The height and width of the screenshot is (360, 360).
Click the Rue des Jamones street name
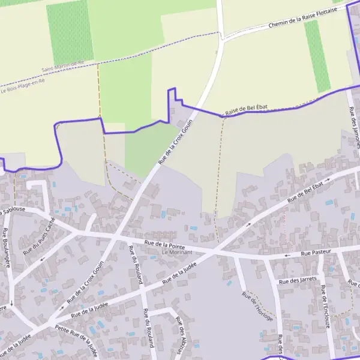point(355,127)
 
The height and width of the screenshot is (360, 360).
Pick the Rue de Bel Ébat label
point(309,191)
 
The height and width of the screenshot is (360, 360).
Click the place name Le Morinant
point(176,253)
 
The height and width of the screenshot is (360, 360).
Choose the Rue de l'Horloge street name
point(257,307)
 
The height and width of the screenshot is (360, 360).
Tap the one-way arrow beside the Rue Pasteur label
point(287,255)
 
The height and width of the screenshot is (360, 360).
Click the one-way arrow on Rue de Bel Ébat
point(248,224)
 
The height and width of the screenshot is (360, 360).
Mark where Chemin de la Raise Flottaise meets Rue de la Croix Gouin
point(223,38)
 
